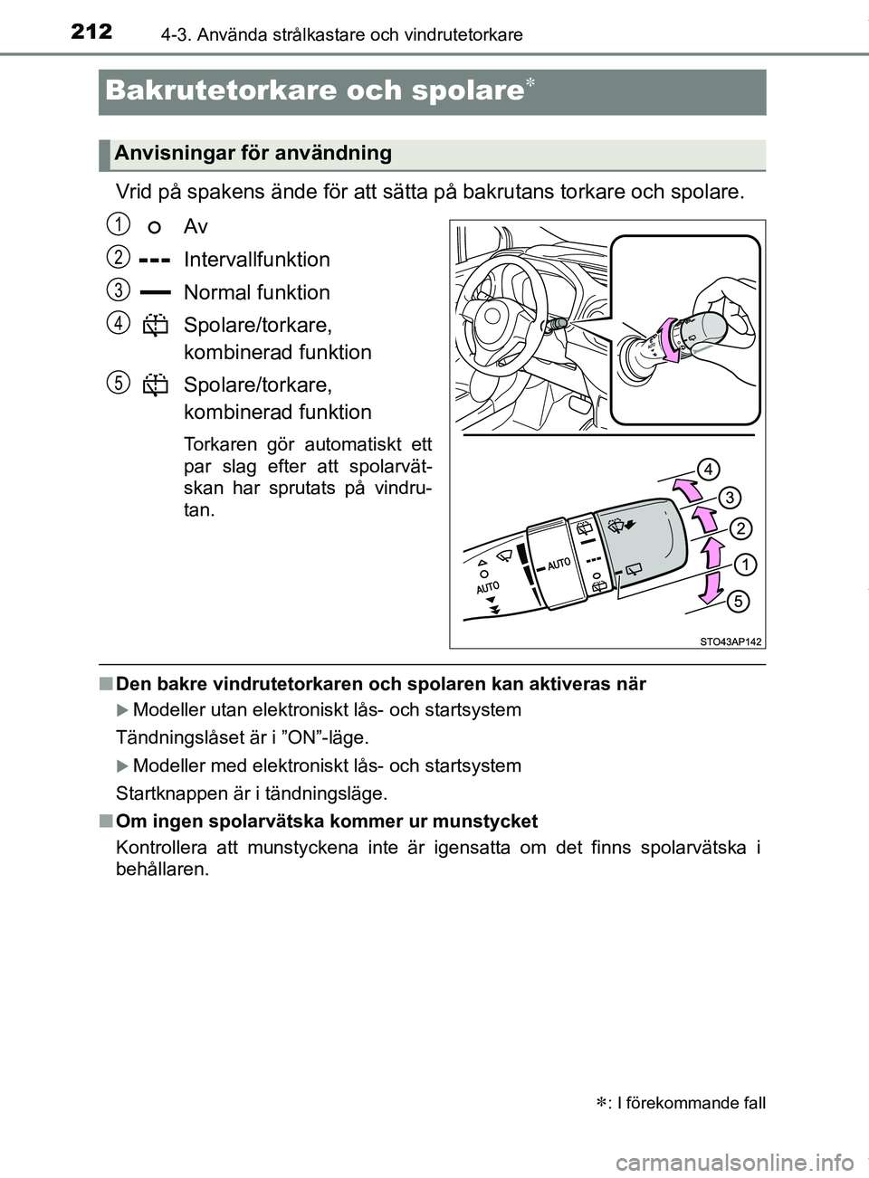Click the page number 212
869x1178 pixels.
(x=91, y=32)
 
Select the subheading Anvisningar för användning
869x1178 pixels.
(x=253, y=153)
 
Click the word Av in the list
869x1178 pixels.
(x=196, y=226)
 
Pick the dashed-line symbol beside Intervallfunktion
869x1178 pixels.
(x=156, y=260)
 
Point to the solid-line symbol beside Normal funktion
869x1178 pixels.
(x=156, y=292)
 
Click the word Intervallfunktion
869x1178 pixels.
(x=256, y=260)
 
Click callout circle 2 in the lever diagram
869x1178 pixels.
(x=740, y=528)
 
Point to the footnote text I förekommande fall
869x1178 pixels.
(x=692, y=1103)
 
